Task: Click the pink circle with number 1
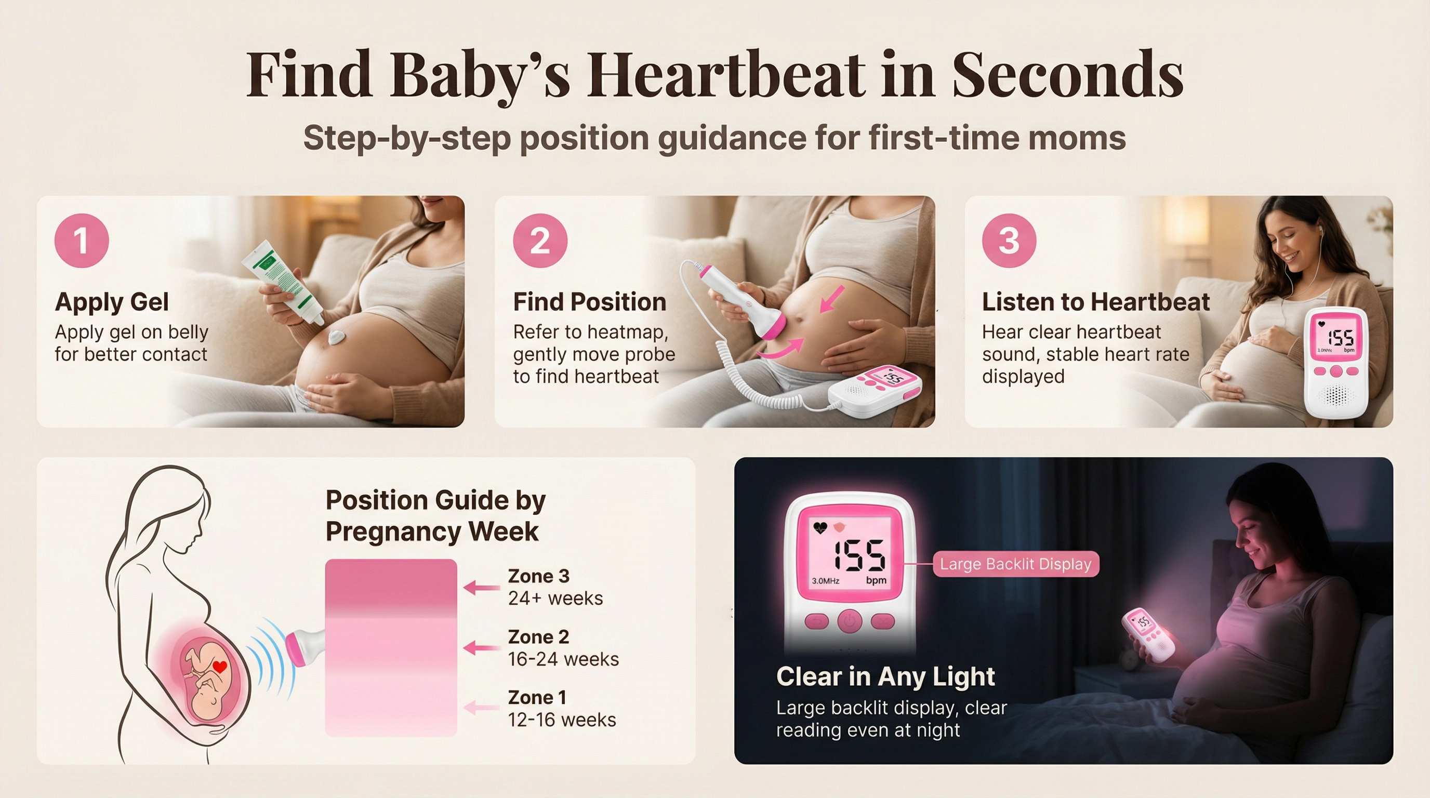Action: click(x=82, y=241)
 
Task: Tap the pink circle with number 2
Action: click(x=540, y=241)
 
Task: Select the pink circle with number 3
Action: click(x=1009, y=241)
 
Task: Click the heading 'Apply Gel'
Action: click(x=112, y=302)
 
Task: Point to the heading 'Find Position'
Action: click(x=590, y=302)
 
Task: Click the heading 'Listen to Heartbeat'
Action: click(x=1096, y=302)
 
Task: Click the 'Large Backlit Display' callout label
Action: click(x=1016, y=564)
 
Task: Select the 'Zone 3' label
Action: click(x=538, y=576)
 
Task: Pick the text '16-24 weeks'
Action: click(x=563, y=659)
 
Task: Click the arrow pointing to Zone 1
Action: click(x=481, y=708)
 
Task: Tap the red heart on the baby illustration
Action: click(x=220, y=667)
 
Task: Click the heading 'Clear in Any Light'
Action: click(x=885, y=677)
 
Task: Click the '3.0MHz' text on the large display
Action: click(x=826, y=581)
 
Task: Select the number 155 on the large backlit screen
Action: click(x=858, y=554)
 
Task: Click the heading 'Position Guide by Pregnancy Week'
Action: click(x=436, y=515)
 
